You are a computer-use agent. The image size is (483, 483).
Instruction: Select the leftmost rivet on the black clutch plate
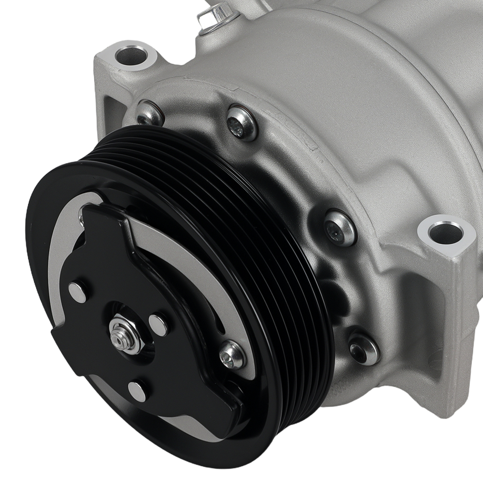77,292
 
